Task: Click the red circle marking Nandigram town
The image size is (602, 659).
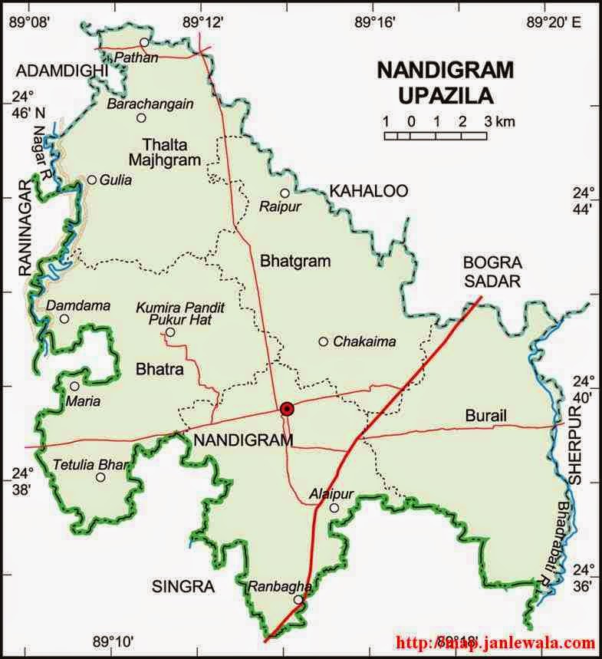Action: tap(287, 409)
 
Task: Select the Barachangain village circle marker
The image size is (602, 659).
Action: tap(141, 117)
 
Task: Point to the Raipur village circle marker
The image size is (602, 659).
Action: tap(285, 193)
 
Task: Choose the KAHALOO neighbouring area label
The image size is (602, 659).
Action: tap(368, 190)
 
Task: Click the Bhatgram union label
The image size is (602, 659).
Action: tap(295, 261)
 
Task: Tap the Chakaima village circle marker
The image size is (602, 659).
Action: tap(324, 341)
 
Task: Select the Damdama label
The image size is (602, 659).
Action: tap(78, 305)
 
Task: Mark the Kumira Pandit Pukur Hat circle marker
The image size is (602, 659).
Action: tap(170, 332)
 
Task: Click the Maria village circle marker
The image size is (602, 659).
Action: tap(74, 386)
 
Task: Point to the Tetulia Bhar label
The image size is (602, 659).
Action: tap(88, 464)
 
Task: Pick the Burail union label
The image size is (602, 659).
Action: tap(486, 415)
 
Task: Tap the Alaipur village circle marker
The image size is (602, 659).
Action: tap(334, 508)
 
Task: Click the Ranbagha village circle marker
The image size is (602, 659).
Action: tap(298, 600)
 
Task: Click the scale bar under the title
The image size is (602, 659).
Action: tap(436, 136)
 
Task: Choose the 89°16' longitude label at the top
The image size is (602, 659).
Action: tap(375, 22)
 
